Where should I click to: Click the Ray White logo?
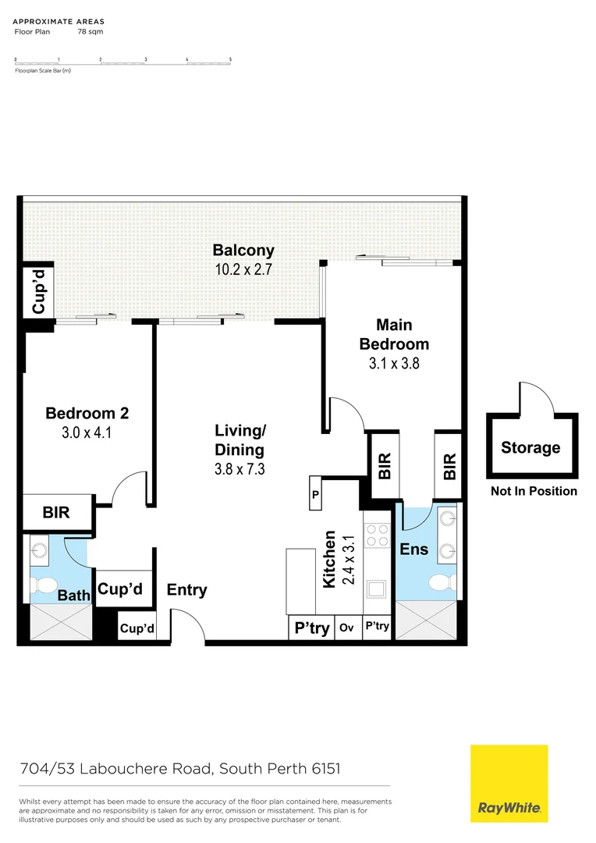pos(509,784)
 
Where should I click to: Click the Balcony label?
pos(243,251)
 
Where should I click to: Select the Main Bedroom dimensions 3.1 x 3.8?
pos(394,363)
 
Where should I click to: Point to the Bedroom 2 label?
pos(87,414)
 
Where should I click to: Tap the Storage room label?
pos(530,447)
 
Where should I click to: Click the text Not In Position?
pos(534,491)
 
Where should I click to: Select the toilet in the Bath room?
pos(46,584)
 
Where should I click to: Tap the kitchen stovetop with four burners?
pos(378,535)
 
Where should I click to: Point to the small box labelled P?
pos(315,494)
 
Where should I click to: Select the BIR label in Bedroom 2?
pos(56,512)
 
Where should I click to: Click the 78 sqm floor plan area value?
pos(90,32)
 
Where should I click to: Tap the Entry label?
pos(187,590)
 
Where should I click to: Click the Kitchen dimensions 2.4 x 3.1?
pos(349,560)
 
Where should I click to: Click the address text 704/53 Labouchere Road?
pos(116,769)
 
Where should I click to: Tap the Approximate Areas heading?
pos(59,22)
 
